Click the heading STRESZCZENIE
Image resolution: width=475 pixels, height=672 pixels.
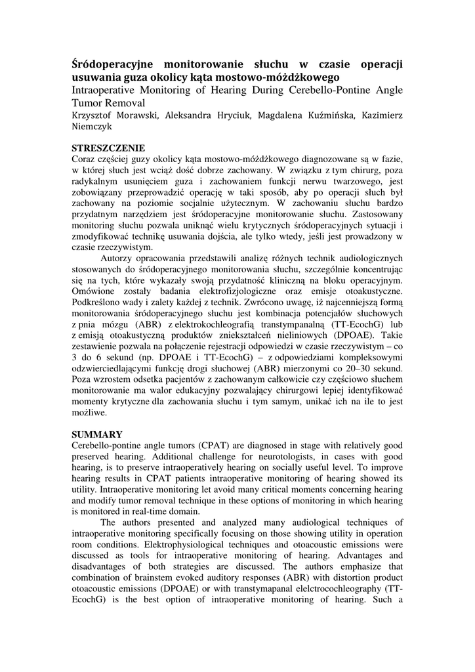108,148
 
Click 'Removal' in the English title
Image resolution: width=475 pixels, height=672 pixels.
124,103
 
